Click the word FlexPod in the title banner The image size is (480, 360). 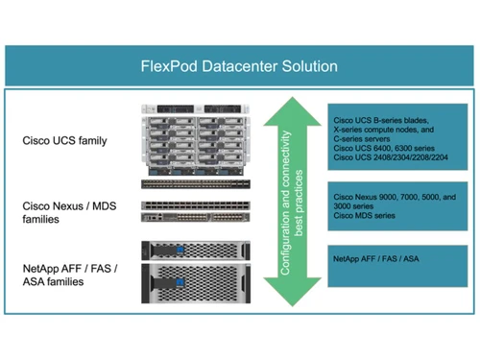click(x=165, y=67)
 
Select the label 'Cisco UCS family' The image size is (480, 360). click(x=64, y=141)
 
